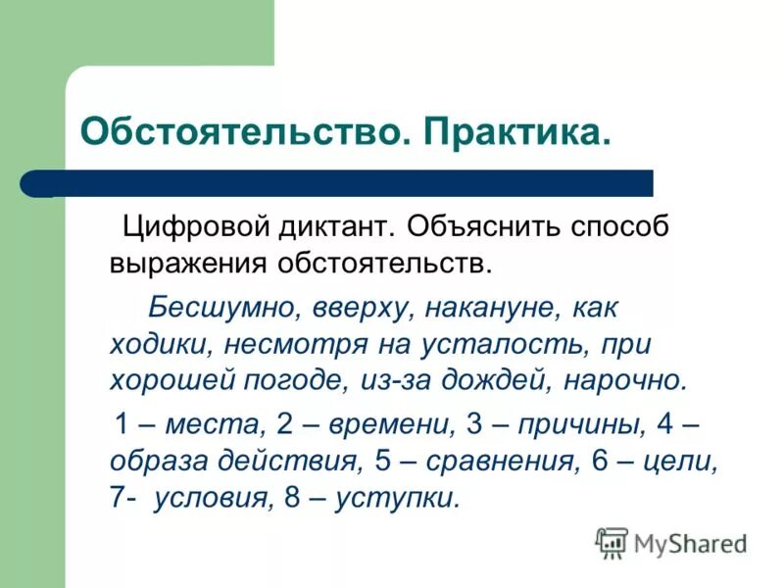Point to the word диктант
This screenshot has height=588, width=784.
pyautogui.click(x=338, y=227)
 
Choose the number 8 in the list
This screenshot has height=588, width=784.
pyautogui.click(x=290, y=497)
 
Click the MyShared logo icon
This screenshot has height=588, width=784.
pyautogui.click(x=612, y=542)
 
